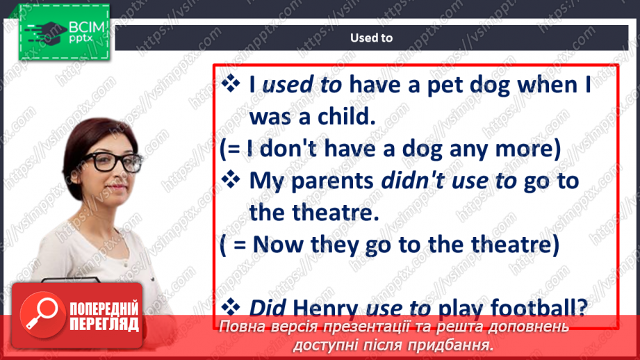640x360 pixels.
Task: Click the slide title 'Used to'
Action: pyautogui.click(x=372, y=38)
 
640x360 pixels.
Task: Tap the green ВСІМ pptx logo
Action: pyautogui.click(x=64, y=32)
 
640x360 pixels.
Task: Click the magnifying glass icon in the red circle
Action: pyautogui.click(x=42, y=313)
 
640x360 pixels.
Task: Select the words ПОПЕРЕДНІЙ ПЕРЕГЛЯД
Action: pyautogui.click(x=104, y=316)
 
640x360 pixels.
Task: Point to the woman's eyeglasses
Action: pyautogui.click(x=113, y=162)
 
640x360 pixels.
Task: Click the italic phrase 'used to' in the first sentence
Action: pyautogui.click(x=302, y=85)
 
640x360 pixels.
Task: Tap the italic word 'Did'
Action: pyautogui.click(x=267, y=308)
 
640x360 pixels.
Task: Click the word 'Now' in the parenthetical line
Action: pyautogui.click(x=278, y=245)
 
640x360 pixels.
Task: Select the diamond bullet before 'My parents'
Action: pyautogui.click(x=231, y=180)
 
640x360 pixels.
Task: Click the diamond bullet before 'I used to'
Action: pyautogui.click(x=231, y=83)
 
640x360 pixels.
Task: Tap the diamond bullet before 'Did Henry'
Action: pyautogui.click(x=231, y=307)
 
